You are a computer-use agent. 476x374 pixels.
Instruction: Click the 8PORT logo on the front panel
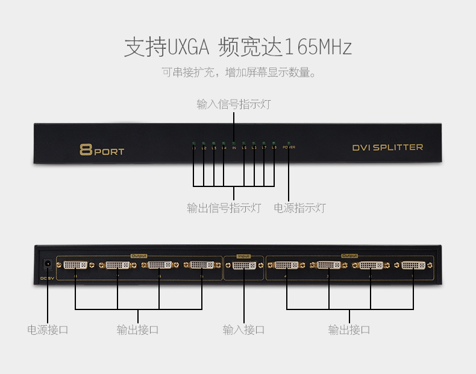pyautogui.click(x=101, y=150)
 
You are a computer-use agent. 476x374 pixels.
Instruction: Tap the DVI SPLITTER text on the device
pyautogui.click(x=387, y=147)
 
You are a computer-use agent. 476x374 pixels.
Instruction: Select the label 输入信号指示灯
pyautogui.click(x=233, y=104)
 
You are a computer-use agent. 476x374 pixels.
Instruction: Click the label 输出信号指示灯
pyautogui.click(x=224, y=208)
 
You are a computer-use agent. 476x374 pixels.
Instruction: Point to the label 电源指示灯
pyautogui.click(x=299, y=208)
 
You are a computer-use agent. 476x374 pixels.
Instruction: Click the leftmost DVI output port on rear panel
pyautogui.click(x=75, y=265)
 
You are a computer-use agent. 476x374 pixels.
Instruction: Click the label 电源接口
pyautogui.click(x=48, y=330)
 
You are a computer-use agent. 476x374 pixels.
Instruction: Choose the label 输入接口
pyautogui.click(x=243, y=330)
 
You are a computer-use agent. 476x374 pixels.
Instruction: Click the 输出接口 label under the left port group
pyautogui.click(x=138, y=330)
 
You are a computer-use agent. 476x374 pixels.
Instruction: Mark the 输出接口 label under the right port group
pyautogui.click(x=349, y=330)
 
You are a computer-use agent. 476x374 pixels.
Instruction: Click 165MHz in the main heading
pyautogui.click(x=318, y=47)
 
